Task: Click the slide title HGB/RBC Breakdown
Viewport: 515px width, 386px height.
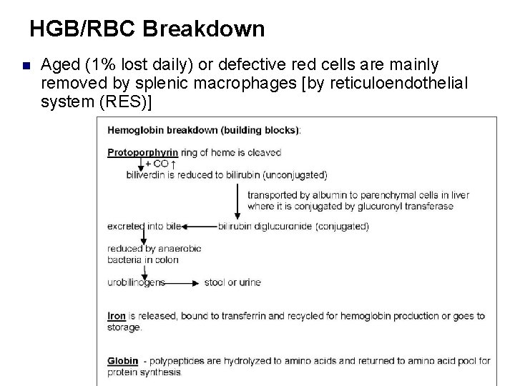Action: click(x=147, y=29)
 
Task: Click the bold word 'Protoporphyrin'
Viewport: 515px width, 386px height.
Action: click(x=142, y=152)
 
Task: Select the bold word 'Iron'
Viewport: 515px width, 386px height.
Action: click(x=117, y=315)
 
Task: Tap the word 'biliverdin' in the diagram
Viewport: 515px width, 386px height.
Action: click(x=146, y=174)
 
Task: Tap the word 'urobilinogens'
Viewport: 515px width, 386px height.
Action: click(x=136, y=282)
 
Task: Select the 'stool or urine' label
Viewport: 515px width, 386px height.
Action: click(x=232, y=282)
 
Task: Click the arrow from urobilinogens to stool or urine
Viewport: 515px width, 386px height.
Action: click(x=182, y=282)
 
